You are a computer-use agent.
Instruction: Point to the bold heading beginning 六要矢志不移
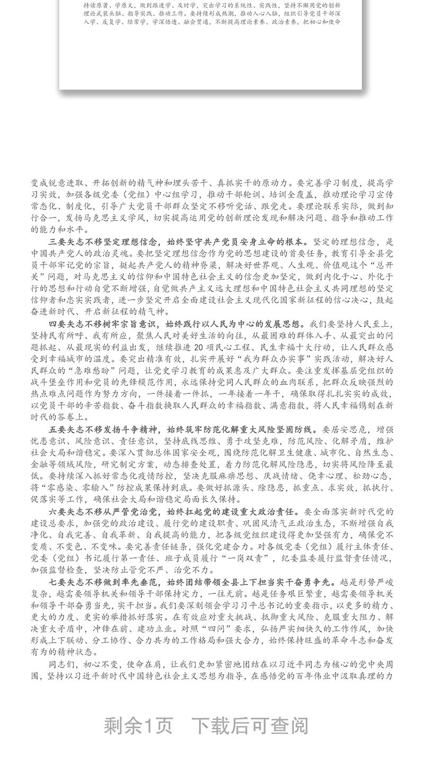[x=172, y=511]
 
